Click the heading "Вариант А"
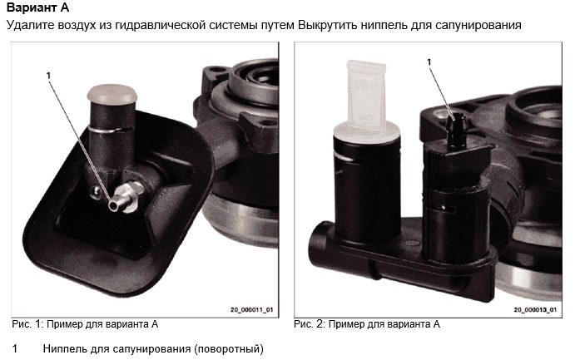point(37,7)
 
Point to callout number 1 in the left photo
point(49,76)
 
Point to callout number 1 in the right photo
point(429,62)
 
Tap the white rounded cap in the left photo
point(112,94)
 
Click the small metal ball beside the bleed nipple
point(96,190)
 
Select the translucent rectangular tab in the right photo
point(366,95)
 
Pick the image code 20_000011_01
point(251,310)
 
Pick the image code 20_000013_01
point(535,310)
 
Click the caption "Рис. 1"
point(27,324)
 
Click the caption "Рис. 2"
point(310,324)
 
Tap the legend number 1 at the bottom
point(15,348)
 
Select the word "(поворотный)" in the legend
point(229,349)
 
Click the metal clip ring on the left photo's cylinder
point(110,129)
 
